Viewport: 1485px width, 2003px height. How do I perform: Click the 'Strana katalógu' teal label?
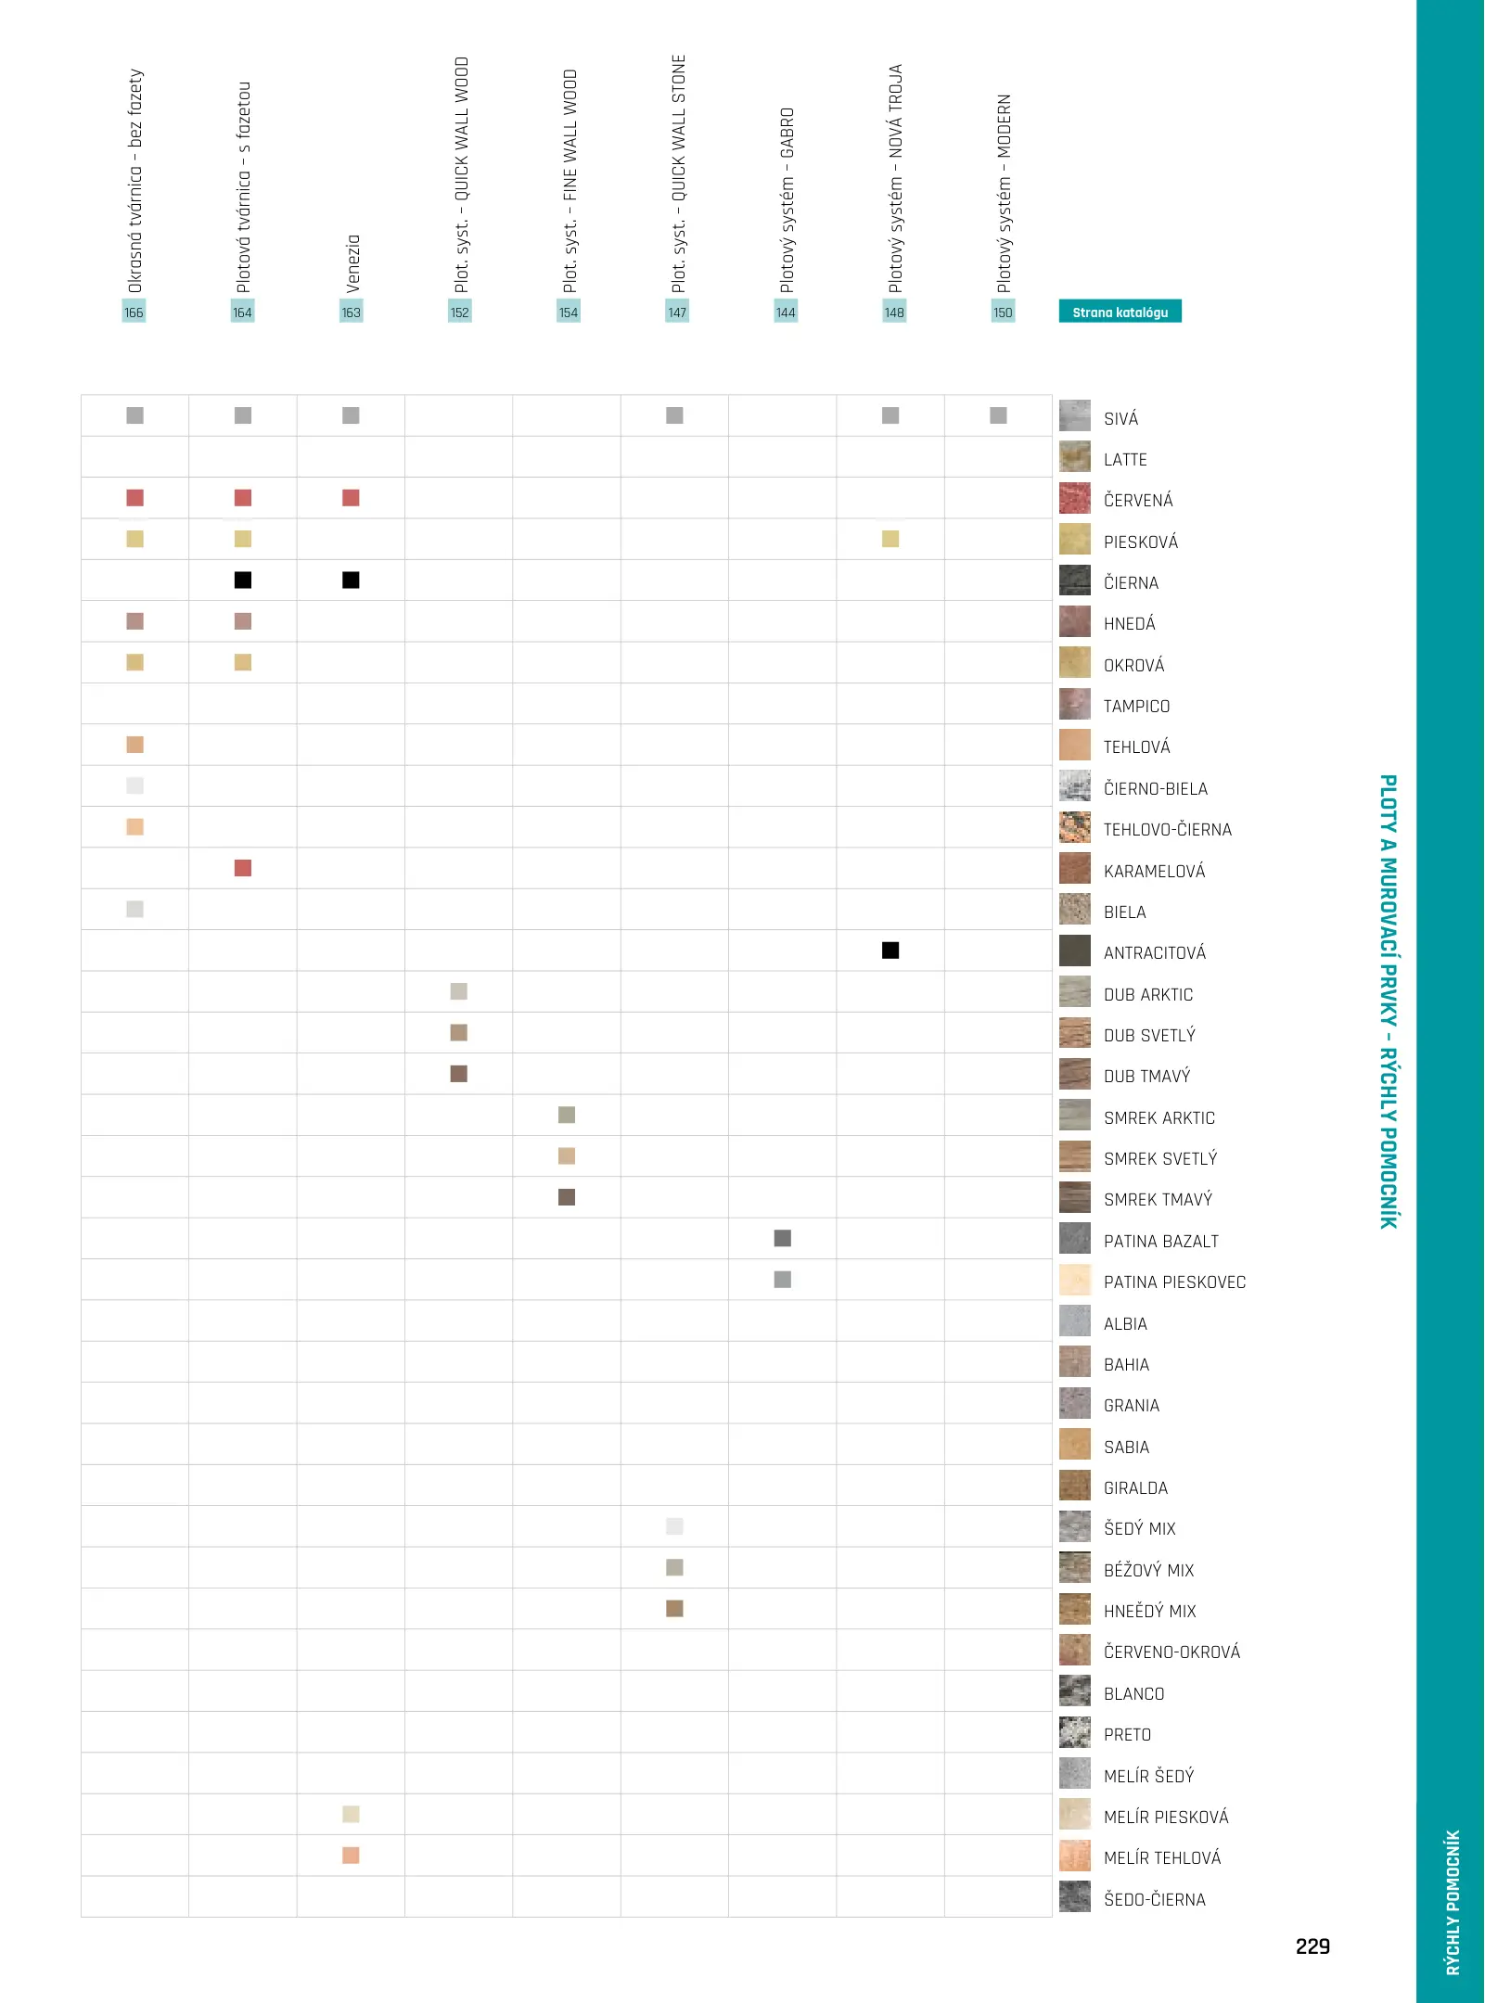[x=1120, y=312]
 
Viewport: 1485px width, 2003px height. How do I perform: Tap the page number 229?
[x=1312, y=1946]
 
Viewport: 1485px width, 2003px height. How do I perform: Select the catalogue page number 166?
[x=134, y=313]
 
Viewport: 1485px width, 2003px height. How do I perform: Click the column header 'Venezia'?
[x=352, y=263]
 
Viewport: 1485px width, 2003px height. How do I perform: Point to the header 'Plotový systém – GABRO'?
[x=786, y=199]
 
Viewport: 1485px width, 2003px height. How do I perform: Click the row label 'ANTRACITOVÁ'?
[x=1155, y=953]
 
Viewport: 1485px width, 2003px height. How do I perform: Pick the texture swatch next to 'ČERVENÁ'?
[x=1075, y=498]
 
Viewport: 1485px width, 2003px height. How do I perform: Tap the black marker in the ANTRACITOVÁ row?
[x=890, y=950]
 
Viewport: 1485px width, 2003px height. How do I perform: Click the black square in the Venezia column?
[x=351, y=580]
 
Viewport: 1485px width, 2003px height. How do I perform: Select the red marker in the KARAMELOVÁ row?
[x=243, y=868]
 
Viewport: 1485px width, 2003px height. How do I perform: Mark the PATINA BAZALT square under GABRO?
[x=783, y=1239]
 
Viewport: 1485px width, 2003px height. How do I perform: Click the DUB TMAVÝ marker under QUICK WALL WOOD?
[x=459, y=1074]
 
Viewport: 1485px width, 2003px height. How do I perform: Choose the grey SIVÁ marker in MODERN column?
[x=998, y=415]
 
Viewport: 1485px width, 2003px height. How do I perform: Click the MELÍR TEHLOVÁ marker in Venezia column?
[x=351, y=1856]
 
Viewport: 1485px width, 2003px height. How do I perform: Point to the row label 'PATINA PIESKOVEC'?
[x=1174, y=1282]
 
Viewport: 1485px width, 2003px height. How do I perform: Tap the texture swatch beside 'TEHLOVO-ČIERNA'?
[x=1075, y=827]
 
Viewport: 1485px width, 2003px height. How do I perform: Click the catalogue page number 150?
[x=1003, y=313]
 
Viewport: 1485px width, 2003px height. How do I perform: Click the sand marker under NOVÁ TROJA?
[x=890, y=539]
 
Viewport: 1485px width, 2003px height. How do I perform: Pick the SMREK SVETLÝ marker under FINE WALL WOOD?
[x=567, y=1156]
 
